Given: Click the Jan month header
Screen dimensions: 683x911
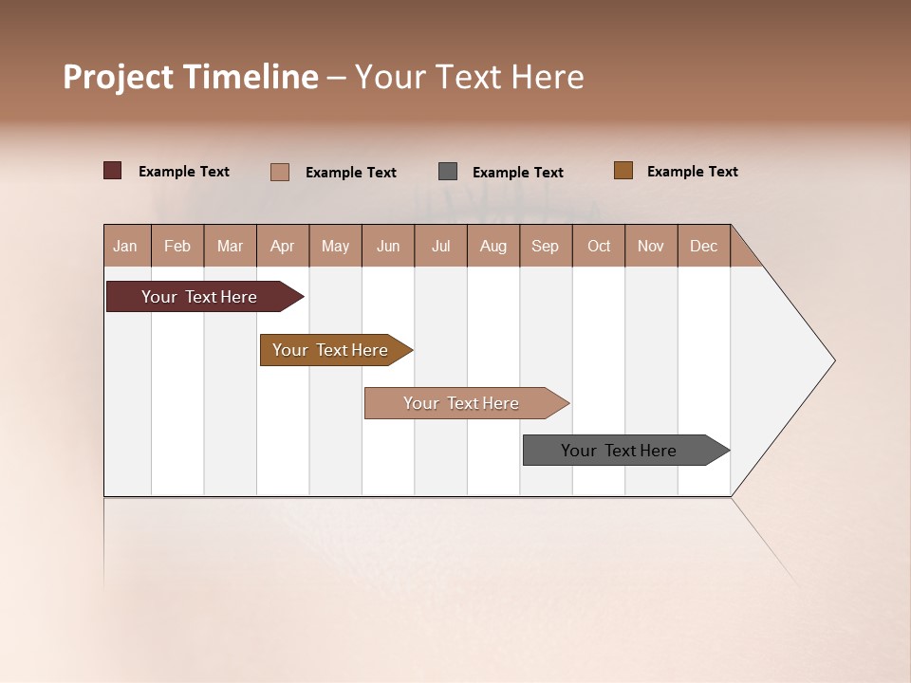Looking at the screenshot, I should click(x=126, y=246).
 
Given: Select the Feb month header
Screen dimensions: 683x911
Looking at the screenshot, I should click(x=177, y=246).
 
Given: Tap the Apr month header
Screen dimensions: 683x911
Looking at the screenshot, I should click(x=283, y=246).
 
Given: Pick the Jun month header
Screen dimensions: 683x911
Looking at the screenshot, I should click(x=388, y=246).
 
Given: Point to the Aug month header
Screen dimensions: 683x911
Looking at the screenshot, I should click(x=493, y=246).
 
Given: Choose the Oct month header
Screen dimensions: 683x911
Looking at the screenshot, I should click(x=599, y=246).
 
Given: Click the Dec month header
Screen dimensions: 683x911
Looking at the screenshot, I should click(x=704, y=246).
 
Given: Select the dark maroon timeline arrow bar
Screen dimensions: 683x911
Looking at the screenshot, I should click(x=199, y=297).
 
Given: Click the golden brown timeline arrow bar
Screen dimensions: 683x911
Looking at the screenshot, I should click(x=330, y=350).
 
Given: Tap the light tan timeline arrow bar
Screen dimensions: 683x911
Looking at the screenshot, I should click(x=461, y=403).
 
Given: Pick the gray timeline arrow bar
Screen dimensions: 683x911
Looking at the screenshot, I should click(x=619, y=451).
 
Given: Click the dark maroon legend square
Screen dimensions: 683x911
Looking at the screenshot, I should click(x=112, y=171).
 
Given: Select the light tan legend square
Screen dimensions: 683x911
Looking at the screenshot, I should click(x=280, y=172).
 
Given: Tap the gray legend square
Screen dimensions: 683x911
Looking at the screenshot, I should click(x=448, y=172).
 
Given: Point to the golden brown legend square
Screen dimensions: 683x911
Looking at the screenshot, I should click(x=623, y=171).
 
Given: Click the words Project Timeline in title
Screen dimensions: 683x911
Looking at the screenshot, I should click(x=190, y=77).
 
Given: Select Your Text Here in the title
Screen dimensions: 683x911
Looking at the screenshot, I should click(x=470, y=77).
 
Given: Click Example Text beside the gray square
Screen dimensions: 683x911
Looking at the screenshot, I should click(x=518, y=173).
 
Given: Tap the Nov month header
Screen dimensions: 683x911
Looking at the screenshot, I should click(x=651, y=246).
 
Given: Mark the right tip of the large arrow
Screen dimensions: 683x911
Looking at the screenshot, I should click(x=833, y=360).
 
